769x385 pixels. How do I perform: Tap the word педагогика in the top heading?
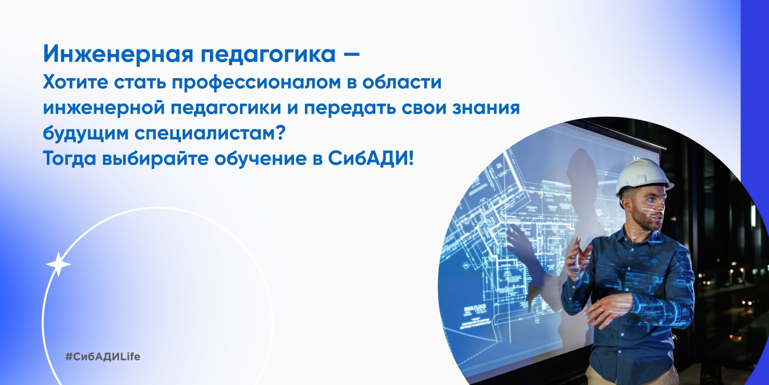268,55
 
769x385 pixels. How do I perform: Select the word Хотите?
75,82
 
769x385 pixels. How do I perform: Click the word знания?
486,107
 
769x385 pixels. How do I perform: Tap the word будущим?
85,134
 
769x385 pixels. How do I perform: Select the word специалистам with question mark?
209,134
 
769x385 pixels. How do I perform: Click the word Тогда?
69,158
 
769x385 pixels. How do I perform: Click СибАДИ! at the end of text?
370,158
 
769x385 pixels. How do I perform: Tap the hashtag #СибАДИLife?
103,357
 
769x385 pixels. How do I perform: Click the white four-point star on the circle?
58,264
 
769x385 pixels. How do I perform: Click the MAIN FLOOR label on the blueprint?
475,308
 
